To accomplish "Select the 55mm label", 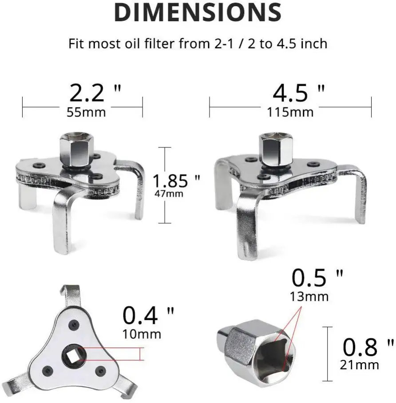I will (x=86, y=112).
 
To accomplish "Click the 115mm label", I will (x=290, y=112).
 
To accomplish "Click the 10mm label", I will (x=142, y=333).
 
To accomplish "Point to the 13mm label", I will (x=309, y=296).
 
